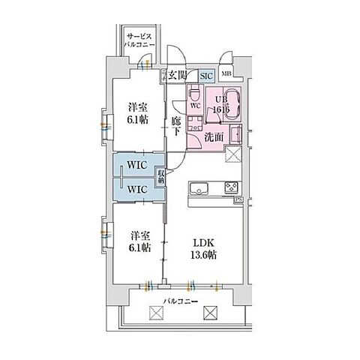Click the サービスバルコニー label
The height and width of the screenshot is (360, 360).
(140, 40)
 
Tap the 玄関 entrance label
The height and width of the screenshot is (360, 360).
(177, 74)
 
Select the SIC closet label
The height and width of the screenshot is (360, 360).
(205, 74)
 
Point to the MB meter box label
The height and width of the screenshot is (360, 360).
(226, 73)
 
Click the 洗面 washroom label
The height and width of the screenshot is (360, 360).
(214, 136)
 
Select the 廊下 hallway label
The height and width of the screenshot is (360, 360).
(176, 126)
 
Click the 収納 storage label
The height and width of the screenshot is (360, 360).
(161, 176)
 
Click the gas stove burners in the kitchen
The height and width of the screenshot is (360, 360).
(231, 187)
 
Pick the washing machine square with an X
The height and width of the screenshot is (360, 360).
(235, 154)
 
